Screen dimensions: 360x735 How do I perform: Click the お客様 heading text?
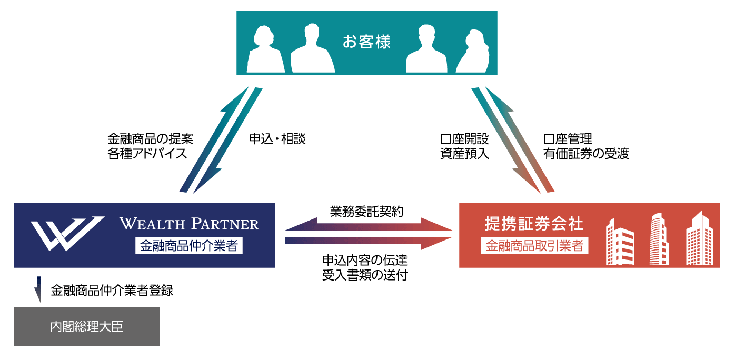click(366, 42)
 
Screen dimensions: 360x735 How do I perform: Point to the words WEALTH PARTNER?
click(190, 224)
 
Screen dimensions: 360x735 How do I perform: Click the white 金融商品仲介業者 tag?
click(189, 246)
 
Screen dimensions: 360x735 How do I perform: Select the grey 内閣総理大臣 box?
click(87, 326)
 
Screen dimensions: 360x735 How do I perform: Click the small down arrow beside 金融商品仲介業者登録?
click(38, 289)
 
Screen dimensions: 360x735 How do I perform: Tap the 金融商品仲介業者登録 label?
click(112, 290)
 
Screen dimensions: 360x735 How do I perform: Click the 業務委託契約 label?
click(366, 212)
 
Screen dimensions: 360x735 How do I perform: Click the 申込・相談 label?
click(277, 139)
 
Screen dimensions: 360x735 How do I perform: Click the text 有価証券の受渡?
click(586, 154)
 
